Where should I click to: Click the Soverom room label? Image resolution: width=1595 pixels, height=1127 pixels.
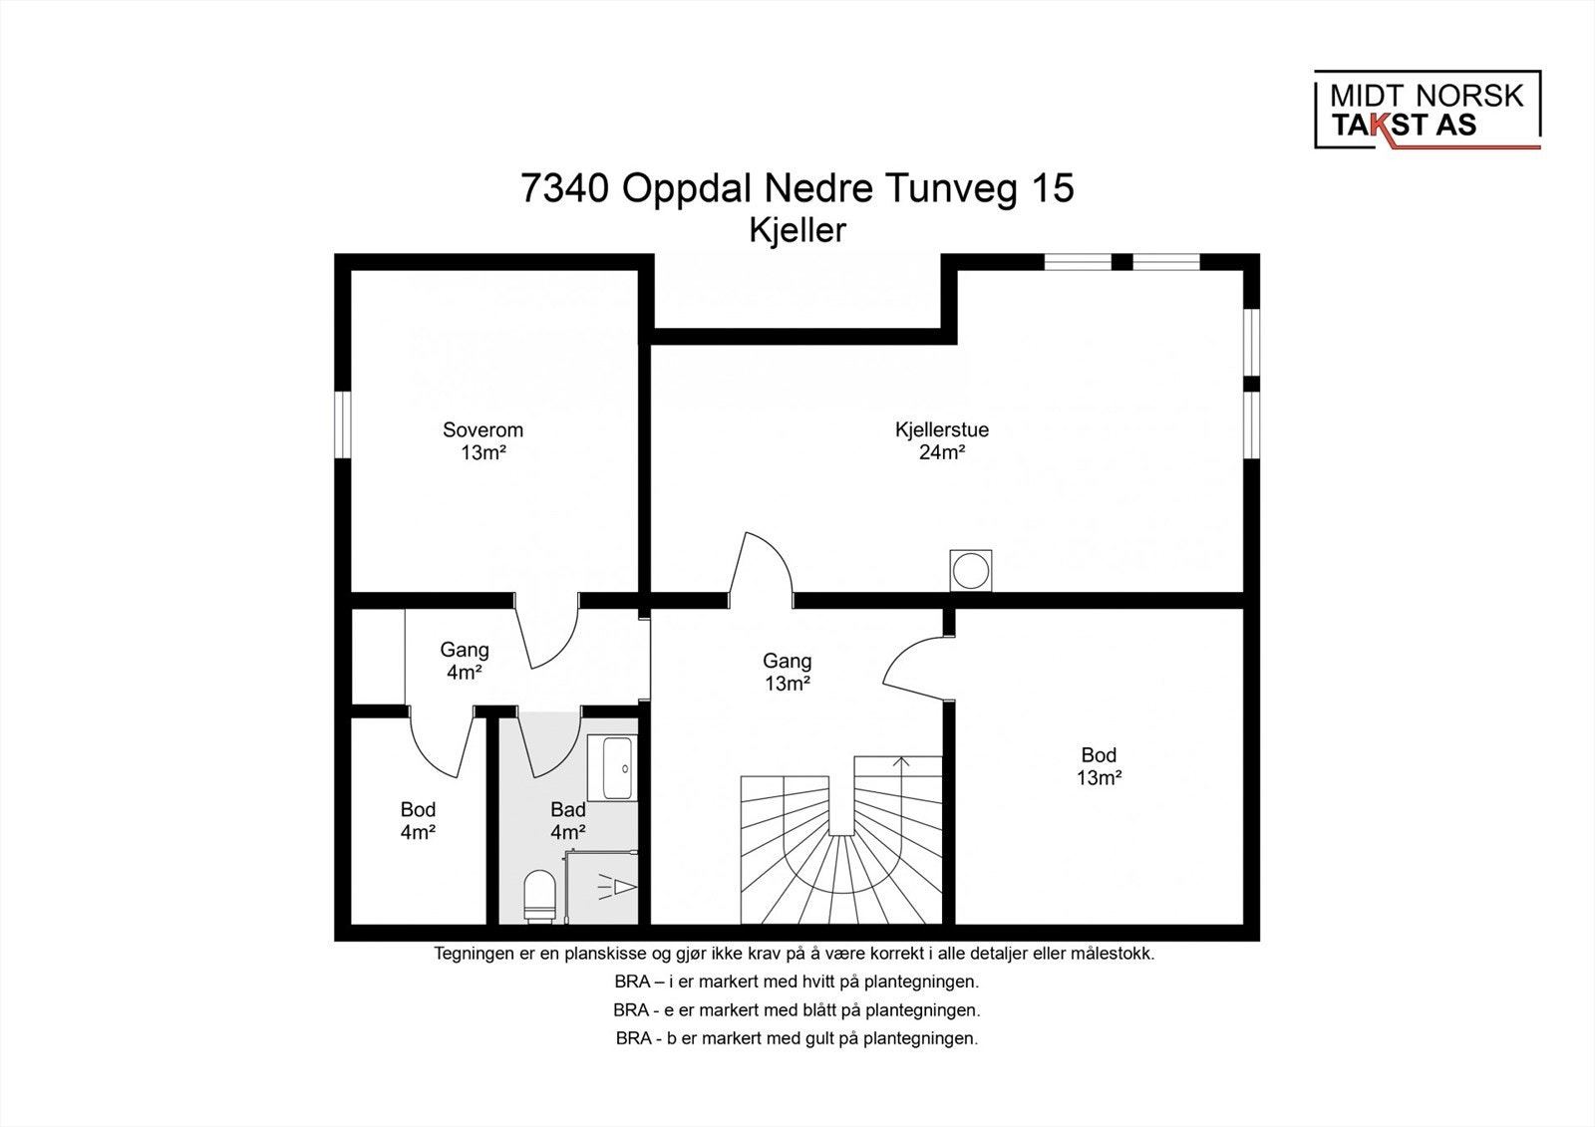click(482, 430)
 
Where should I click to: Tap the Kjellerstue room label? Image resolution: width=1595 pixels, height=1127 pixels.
click(941, 430)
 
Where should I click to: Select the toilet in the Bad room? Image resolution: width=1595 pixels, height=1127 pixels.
click(539, 897)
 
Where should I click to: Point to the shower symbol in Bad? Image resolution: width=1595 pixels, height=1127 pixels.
click(617, 887)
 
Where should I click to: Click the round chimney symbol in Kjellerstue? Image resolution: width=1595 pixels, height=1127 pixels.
click(971, 570)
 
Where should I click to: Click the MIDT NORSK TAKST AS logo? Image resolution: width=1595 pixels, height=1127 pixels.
click(1427, 111)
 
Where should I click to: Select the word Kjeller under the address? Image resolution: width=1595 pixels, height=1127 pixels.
click(797, 230)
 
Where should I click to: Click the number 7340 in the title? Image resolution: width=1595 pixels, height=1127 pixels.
click(564, 188)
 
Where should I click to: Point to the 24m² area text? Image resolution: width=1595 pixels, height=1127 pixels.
click(941, 452)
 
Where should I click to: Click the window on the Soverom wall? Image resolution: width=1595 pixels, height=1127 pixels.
click(343, 424)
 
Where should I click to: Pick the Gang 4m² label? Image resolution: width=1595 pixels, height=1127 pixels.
click(465, 661)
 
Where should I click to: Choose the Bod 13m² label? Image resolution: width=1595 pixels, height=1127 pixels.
click(1099, 766)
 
